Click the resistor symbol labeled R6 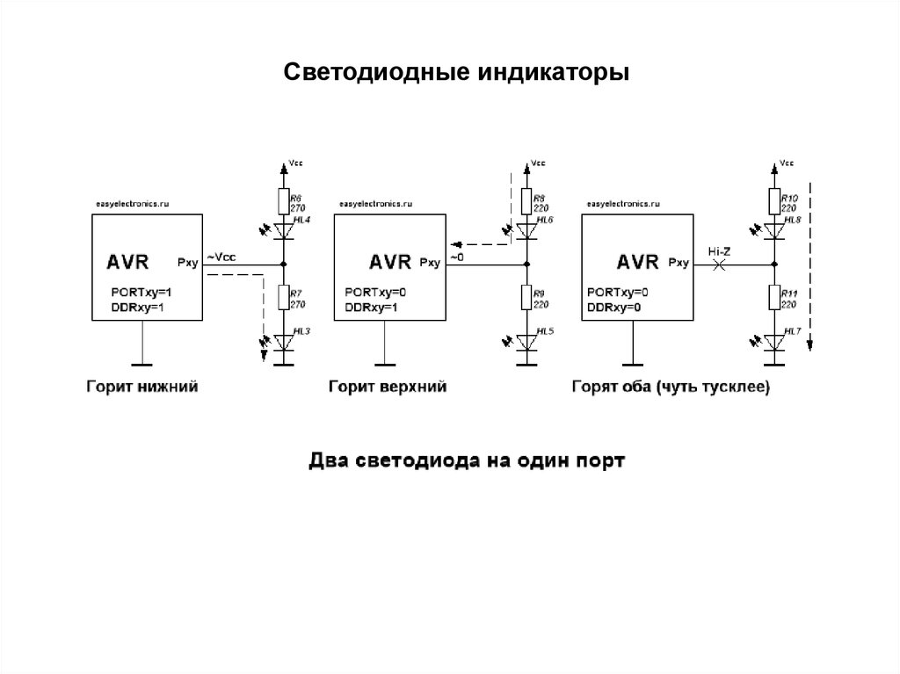pos(283,202)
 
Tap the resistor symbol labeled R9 pos(526,298)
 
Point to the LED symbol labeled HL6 pos(526,231)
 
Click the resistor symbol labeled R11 pos(773,298)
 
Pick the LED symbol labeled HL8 pos(773,231)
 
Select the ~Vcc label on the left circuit pos(221,257)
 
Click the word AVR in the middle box pos(390,262)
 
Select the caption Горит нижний pos(141,387)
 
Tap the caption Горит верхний pos(388,387)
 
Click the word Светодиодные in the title pos(376,72)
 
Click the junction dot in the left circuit pos(283,264)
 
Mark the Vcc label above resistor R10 pos(786,163)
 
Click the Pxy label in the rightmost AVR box pos(679,262)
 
